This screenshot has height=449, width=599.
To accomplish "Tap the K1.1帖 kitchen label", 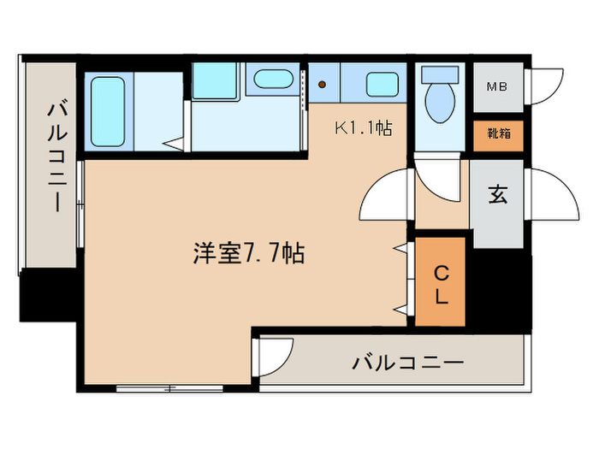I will (363, 129).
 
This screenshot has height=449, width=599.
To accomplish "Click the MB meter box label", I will (497, 86).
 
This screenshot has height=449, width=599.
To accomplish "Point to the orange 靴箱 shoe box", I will (497, 135).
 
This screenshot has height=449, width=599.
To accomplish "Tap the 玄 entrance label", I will (498, 195).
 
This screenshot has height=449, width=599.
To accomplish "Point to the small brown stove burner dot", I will (323, 85).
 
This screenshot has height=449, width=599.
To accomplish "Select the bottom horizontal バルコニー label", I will (408, 363).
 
